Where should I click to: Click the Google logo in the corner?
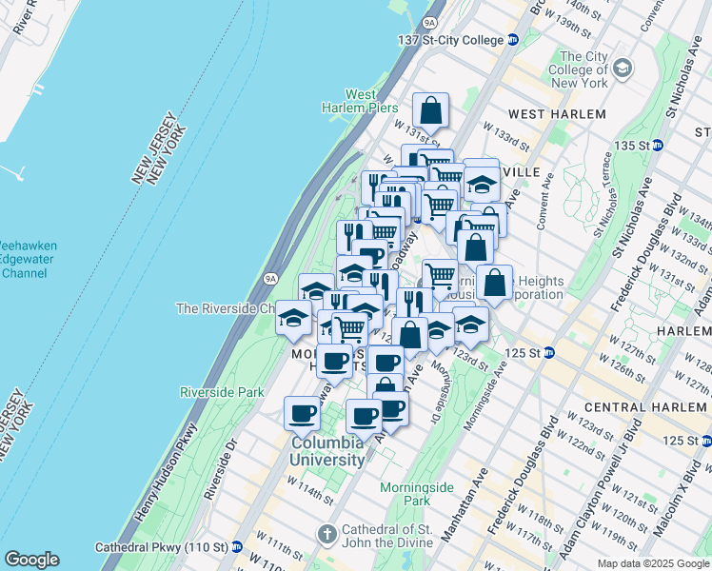[31, 560]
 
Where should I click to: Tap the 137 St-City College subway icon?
[512, 39]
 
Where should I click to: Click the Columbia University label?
[327, 451]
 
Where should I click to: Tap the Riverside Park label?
[222, 392]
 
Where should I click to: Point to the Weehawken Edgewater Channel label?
[29, 259]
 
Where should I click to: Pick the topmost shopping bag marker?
[431, 110]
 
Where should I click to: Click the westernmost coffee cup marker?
[302, 414]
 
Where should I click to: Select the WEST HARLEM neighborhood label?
[557, 114]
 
